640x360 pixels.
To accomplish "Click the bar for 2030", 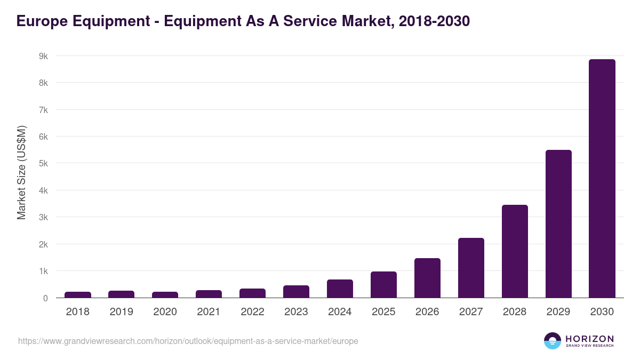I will tap(602, 179).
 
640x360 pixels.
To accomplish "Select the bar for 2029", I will tap(558, 224).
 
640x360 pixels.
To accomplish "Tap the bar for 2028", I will tap(514, 251).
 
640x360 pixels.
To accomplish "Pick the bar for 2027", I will tap(470, 268).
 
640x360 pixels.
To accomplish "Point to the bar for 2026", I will tap(427, 278).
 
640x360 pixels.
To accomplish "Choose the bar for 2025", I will tap(383, 285).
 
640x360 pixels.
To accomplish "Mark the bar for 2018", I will tap(77, 294).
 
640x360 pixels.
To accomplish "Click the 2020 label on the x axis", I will tap(165, 312).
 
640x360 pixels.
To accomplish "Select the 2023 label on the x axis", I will tap(296, 312).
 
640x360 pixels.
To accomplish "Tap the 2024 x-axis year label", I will tap(340, 312).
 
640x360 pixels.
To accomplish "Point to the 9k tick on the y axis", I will tap(43, 56).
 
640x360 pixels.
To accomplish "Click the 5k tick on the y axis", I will tap(43, 164).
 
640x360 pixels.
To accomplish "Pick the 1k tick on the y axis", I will tap(43, 271).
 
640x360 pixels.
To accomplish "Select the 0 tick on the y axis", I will tap(45, 298).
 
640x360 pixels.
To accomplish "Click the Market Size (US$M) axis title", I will tap(21, 173).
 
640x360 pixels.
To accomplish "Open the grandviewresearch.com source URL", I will tap(188, 341).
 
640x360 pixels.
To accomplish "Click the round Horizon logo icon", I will tap(553, 341).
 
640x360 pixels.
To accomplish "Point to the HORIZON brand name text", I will tap(589, 339).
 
